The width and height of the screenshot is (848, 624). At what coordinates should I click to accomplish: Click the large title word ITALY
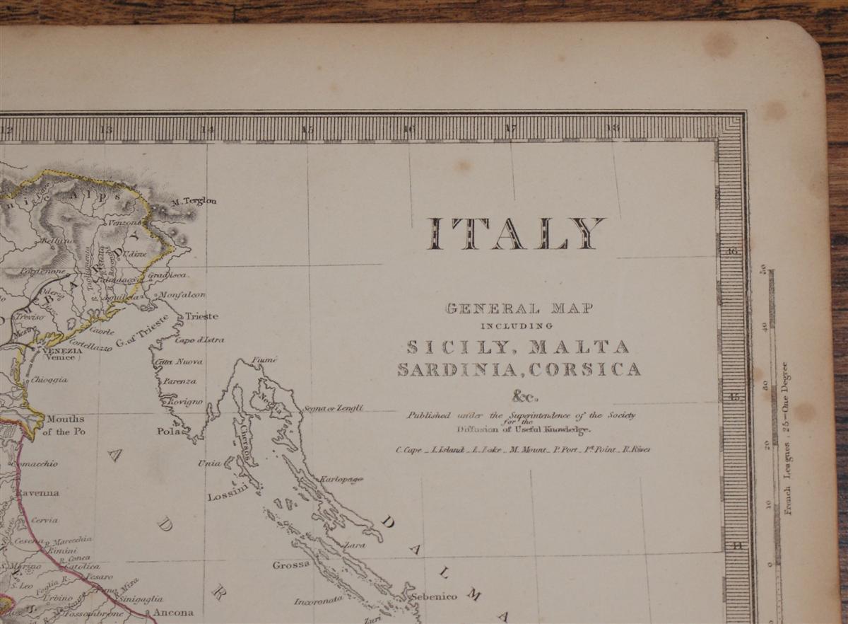tap(516, 233)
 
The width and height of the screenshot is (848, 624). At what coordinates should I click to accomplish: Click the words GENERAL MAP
tap(519, 308)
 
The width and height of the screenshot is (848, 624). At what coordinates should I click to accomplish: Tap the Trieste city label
tap(201, 316)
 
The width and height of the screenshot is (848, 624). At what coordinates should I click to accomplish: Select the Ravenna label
tap(38, 492)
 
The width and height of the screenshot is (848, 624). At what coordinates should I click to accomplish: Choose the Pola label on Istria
tap(168, 430)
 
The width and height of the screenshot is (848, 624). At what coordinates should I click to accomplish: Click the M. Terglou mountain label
tap(194, 202)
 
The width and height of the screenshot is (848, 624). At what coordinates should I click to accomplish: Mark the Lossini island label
tap(225, 496)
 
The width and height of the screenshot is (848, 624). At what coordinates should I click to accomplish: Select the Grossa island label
tap(291, 565)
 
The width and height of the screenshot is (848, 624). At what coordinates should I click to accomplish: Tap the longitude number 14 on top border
tap(207, 129)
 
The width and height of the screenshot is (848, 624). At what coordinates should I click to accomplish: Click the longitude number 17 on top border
tap(510, 129)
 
